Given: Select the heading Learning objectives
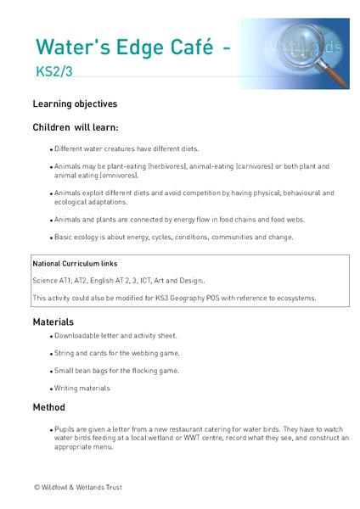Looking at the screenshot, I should (x=75, y=104).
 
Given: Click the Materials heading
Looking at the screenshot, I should (x=53, y=322).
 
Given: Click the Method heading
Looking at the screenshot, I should (x=48, y=407).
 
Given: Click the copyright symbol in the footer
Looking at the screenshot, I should (x=37, y=488).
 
